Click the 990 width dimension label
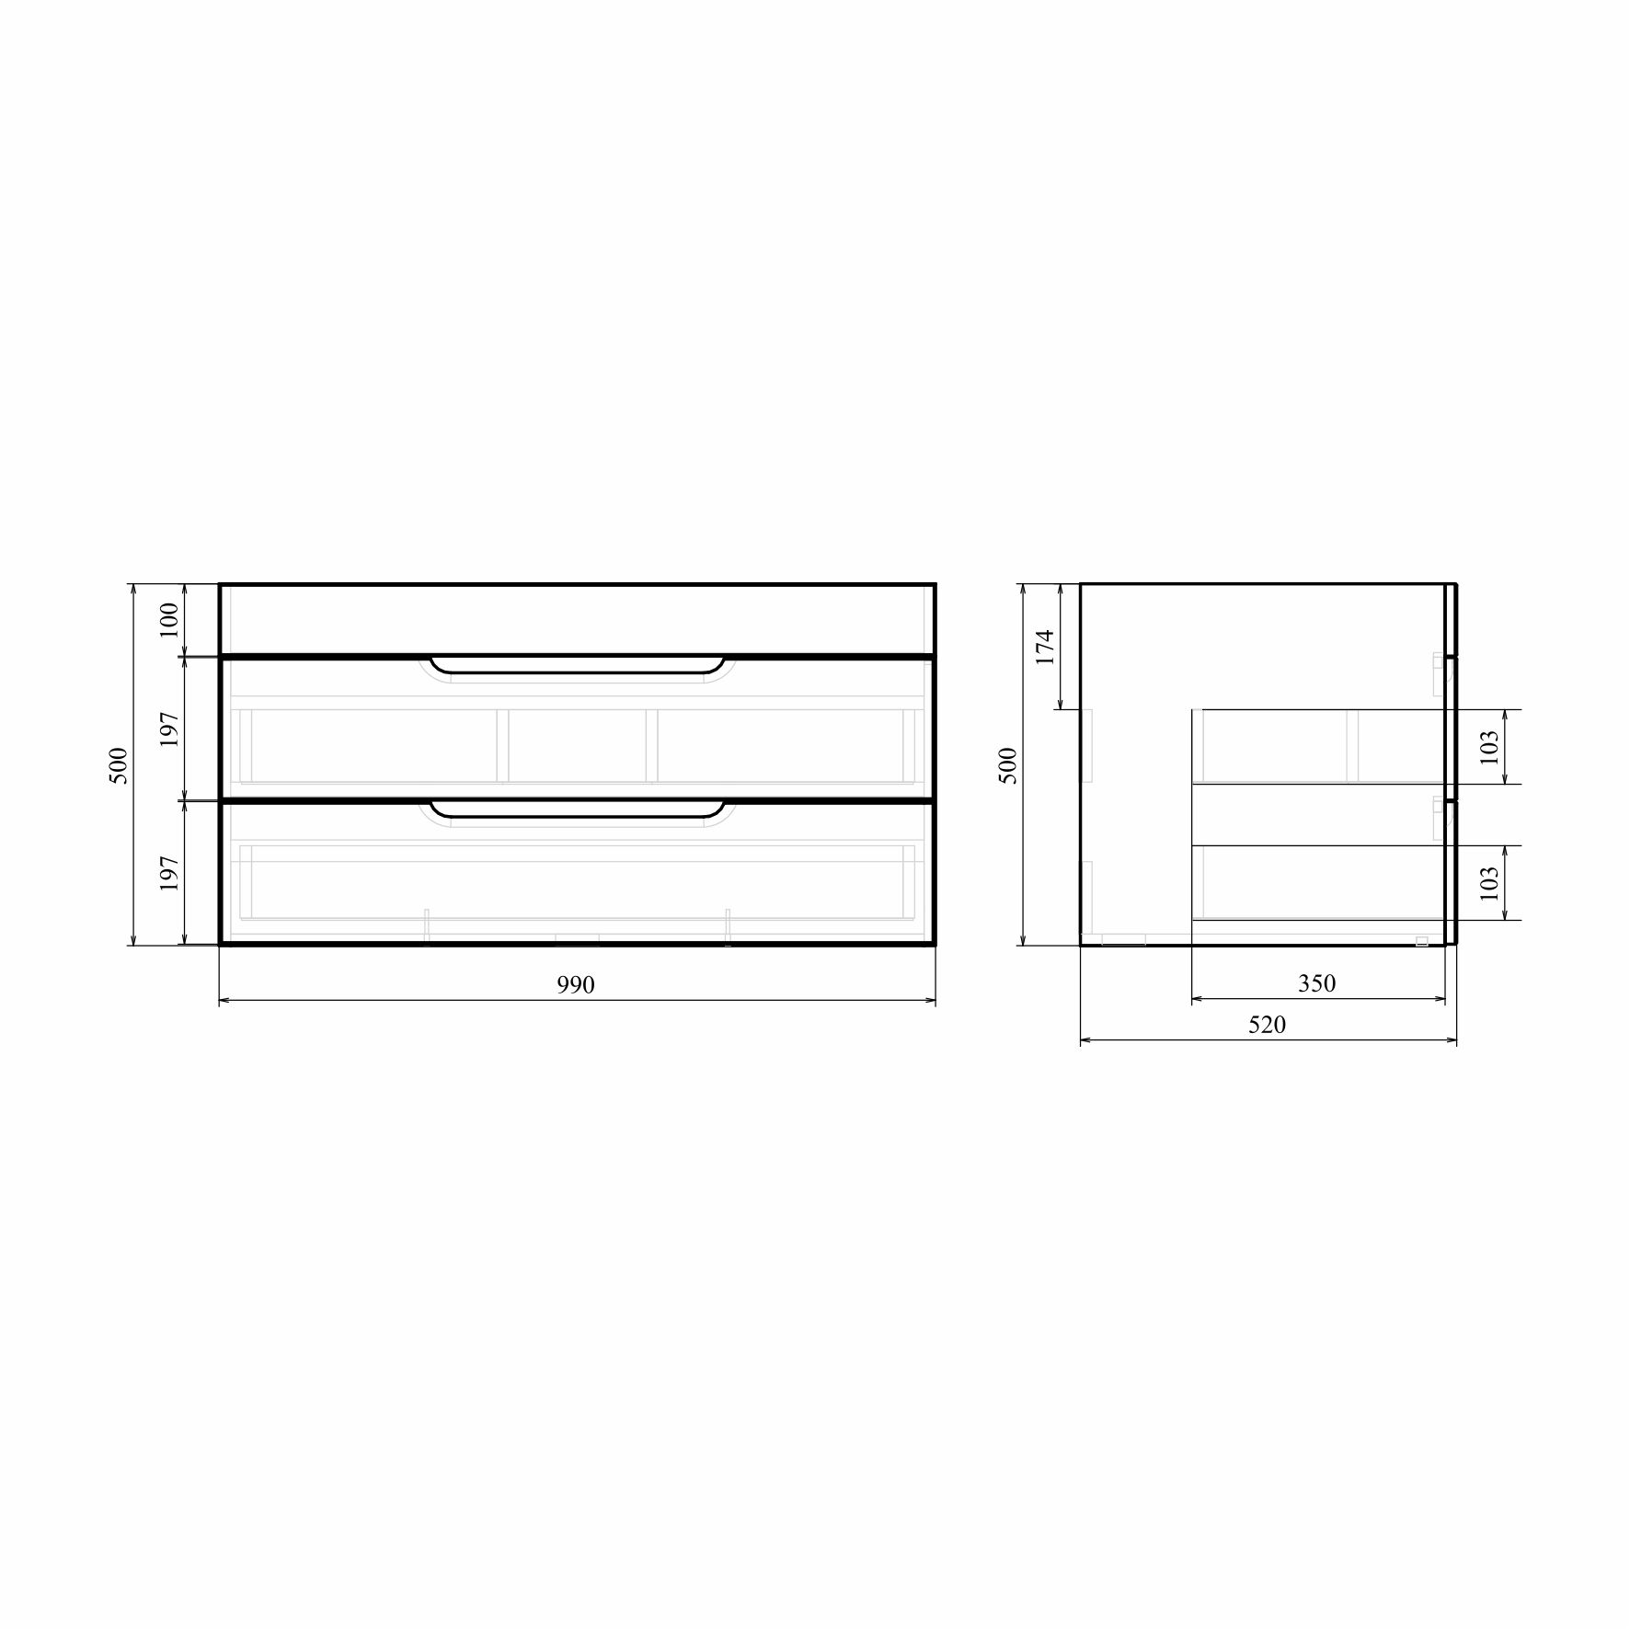[x=576, y=985]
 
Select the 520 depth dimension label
[x=1267, y=1025]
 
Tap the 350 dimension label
[x=1316, y=983]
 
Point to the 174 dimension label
[x=1044, y=648]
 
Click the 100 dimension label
[x=169, y=620]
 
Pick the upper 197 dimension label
[x=169, y=729]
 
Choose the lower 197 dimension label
[x=169, y=873]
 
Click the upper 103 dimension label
[x=1490, y=746]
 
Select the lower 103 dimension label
[x=1490, y=882]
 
